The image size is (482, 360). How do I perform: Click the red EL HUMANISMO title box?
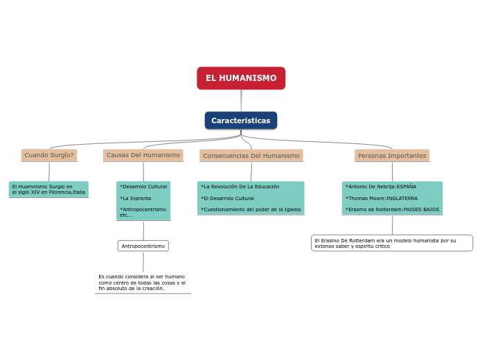(241, 78)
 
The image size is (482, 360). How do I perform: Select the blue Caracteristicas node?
(241, 120)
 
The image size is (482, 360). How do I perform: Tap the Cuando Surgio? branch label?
(49, 155)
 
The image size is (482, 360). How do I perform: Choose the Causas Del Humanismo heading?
(143, 155)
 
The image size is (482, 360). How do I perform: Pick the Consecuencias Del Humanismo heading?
(251, 156)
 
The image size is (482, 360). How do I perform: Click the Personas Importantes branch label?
(392, 156)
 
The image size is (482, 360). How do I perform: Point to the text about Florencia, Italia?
(48, 189)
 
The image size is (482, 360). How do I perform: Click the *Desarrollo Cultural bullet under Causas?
(143, 187)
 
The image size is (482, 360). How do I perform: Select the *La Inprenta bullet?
(136, 199)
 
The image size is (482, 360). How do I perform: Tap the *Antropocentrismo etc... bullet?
(143, 212)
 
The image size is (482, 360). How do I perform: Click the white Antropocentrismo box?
(143, 246)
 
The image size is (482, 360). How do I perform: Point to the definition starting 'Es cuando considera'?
(142, 282)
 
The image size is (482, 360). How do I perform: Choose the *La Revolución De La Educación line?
(240, 187)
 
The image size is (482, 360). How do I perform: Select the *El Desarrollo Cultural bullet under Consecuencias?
(228, 198)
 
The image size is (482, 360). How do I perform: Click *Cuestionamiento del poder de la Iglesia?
(251, 209)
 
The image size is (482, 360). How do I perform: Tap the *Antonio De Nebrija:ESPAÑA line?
(381, 187)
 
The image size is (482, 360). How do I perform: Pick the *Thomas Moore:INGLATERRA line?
(382, 198)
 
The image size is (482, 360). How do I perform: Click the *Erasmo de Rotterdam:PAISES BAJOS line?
(392, 209)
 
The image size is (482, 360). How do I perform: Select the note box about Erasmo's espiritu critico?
(392, 243)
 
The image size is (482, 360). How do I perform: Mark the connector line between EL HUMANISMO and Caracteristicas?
(241, 100)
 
